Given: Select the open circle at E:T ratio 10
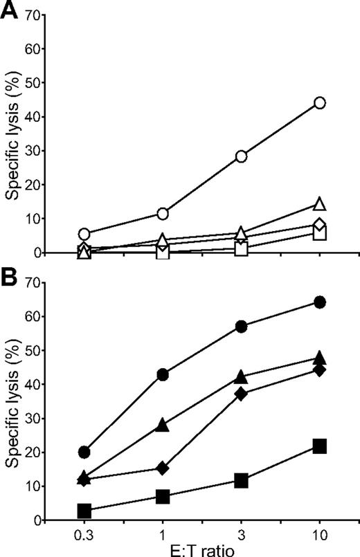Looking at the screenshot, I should click(x=320, y=103).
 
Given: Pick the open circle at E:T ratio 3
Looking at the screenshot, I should click(x=242, y=156).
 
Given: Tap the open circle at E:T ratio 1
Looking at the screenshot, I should click(x=163, y=214).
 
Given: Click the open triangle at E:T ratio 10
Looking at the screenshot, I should click(x=320, y=204).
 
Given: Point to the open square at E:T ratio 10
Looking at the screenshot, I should click(x=320, y=233).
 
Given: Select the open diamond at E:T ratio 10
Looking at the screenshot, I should click(x=320, y=224).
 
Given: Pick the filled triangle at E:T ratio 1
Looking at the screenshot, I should click(x=163, y=425).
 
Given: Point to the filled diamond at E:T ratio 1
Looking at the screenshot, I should click(x=163, y=468).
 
